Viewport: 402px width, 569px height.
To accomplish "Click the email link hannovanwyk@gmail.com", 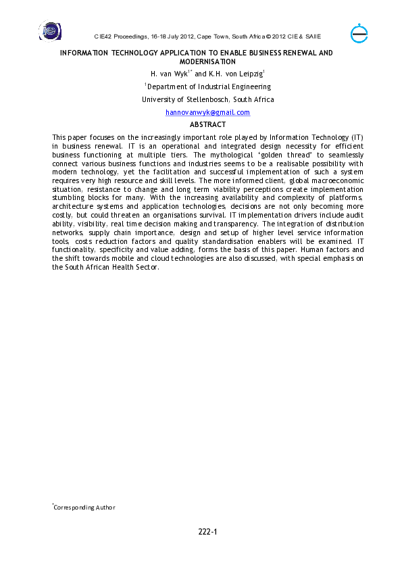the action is [207, 112].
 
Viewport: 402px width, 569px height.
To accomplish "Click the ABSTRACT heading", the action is [207, 125].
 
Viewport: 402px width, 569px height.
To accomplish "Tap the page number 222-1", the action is [207, 533].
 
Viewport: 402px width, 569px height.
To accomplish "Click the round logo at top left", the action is [49, 31].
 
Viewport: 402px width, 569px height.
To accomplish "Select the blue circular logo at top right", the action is [359, 34].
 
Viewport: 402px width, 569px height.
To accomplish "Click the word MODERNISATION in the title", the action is [207, 61].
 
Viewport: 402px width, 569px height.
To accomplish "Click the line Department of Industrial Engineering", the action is [209, 86].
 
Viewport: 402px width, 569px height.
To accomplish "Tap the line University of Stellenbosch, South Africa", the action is [207, 99].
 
